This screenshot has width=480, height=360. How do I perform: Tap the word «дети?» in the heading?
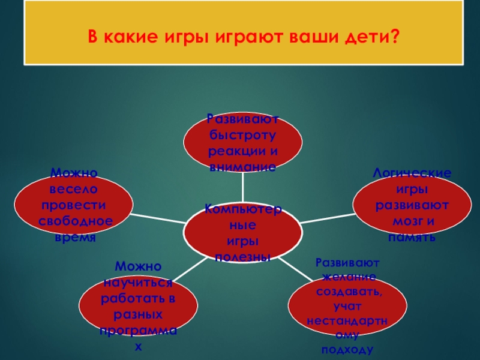[x=373, y=38]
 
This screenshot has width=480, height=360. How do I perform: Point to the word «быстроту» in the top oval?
[x=242, y=136]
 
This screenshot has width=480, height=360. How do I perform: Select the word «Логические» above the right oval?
[x=412, y=173]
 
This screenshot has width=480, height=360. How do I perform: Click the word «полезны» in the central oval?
[x=242, y=257]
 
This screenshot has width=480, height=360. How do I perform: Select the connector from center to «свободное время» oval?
[x=159, y=217]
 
